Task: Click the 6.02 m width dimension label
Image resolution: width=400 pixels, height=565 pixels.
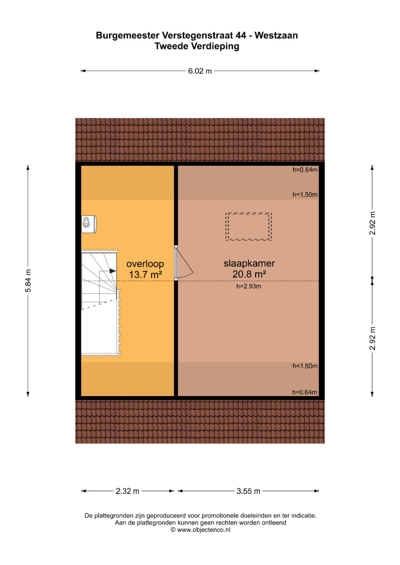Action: click(x=200, y=71)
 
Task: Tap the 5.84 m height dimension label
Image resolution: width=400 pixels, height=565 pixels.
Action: click(x=28, y=280)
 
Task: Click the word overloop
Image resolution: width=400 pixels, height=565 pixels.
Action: click(x=145, y=264)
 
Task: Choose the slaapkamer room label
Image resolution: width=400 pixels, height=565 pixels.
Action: click(x=249, y=263)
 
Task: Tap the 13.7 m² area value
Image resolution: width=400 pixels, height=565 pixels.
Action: click(x=146, y=275)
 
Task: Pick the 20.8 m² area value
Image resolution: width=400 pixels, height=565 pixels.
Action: click(x=249, y=274)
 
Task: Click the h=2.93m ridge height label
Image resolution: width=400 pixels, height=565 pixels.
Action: click(x=249, y=286)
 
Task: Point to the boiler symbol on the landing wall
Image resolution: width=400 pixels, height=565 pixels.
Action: click(x=89, y=224)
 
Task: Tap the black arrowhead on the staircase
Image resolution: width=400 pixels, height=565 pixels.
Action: click(x=113, y=271)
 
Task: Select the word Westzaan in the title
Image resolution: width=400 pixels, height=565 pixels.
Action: click(x=276, y=36)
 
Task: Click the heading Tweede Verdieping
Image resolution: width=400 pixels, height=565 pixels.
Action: click(x=197, y=46)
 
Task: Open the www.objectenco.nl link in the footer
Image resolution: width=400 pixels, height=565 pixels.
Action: click(x=204, y=530)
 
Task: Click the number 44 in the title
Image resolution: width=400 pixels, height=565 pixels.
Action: click(x=241, y=36)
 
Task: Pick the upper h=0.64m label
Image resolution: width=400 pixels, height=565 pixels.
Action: click(x=305, y=170)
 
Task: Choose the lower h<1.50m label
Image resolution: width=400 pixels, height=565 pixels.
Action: click(x=305, y=366)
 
